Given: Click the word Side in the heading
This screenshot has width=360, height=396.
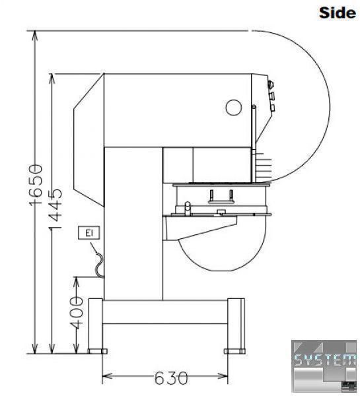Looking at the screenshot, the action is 338,13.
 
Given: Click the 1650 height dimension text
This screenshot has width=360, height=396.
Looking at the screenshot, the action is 36,185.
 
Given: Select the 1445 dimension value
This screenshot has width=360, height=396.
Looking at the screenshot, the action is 55,209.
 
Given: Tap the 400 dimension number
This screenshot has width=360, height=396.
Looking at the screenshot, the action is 77,313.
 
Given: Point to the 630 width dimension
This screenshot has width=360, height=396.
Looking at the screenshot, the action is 171,378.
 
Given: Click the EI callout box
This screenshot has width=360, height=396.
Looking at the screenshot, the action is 89,233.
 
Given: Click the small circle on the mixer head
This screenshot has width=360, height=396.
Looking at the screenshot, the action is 234,108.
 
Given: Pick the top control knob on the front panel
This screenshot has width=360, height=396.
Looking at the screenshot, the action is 271,84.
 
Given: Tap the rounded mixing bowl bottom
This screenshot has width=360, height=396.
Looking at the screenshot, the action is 222,255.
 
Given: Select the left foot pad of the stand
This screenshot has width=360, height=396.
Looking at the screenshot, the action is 98,351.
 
